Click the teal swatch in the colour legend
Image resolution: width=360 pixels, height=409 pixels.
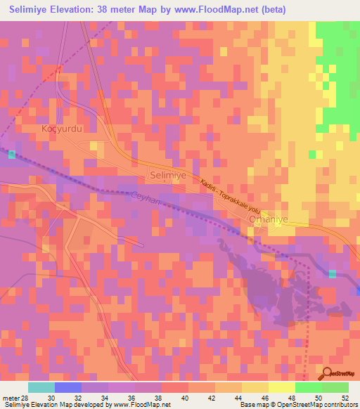coord(41,387)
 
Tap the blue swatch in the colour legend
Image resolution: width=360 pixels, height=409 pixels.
coord(68,387)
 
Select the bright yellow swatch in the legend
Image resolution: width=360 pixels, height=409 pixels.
coord(281,387)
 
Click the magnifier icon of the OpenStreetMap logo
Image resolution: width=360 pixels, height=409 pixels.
coord(328,375)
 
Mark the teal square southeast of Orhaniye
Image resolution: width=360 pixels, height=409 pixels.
coord(333,273)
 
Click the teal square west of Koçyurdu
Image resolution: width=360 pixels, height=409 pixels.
coord(11,154)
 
